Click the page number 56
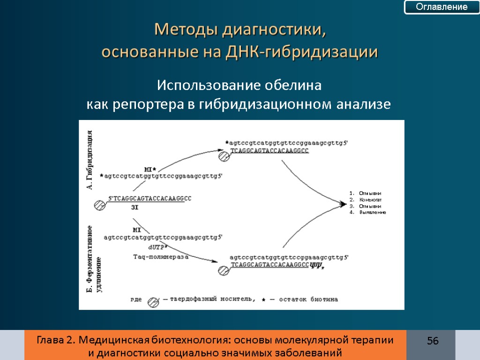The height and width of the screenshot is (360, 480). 432,341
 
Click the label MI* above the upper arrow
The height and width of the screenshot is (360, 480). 150,169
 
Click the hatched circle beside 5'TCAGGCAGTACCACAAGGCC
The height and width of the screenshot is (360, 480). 99,205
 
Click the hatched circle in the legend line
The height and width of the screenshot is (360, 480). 153,302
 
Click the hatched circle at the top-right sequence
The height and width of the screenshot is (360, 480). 224,157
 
